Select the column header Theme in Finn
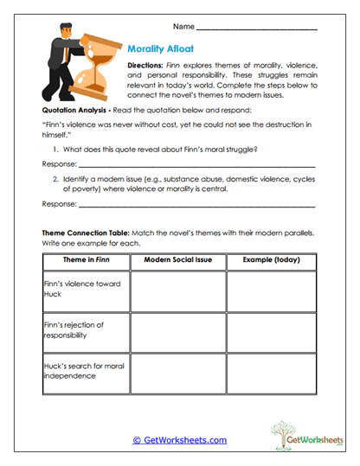point(87,259)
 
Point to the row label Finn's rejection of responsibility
point(73,329)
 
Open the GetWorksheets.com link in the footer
point(179,439)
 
